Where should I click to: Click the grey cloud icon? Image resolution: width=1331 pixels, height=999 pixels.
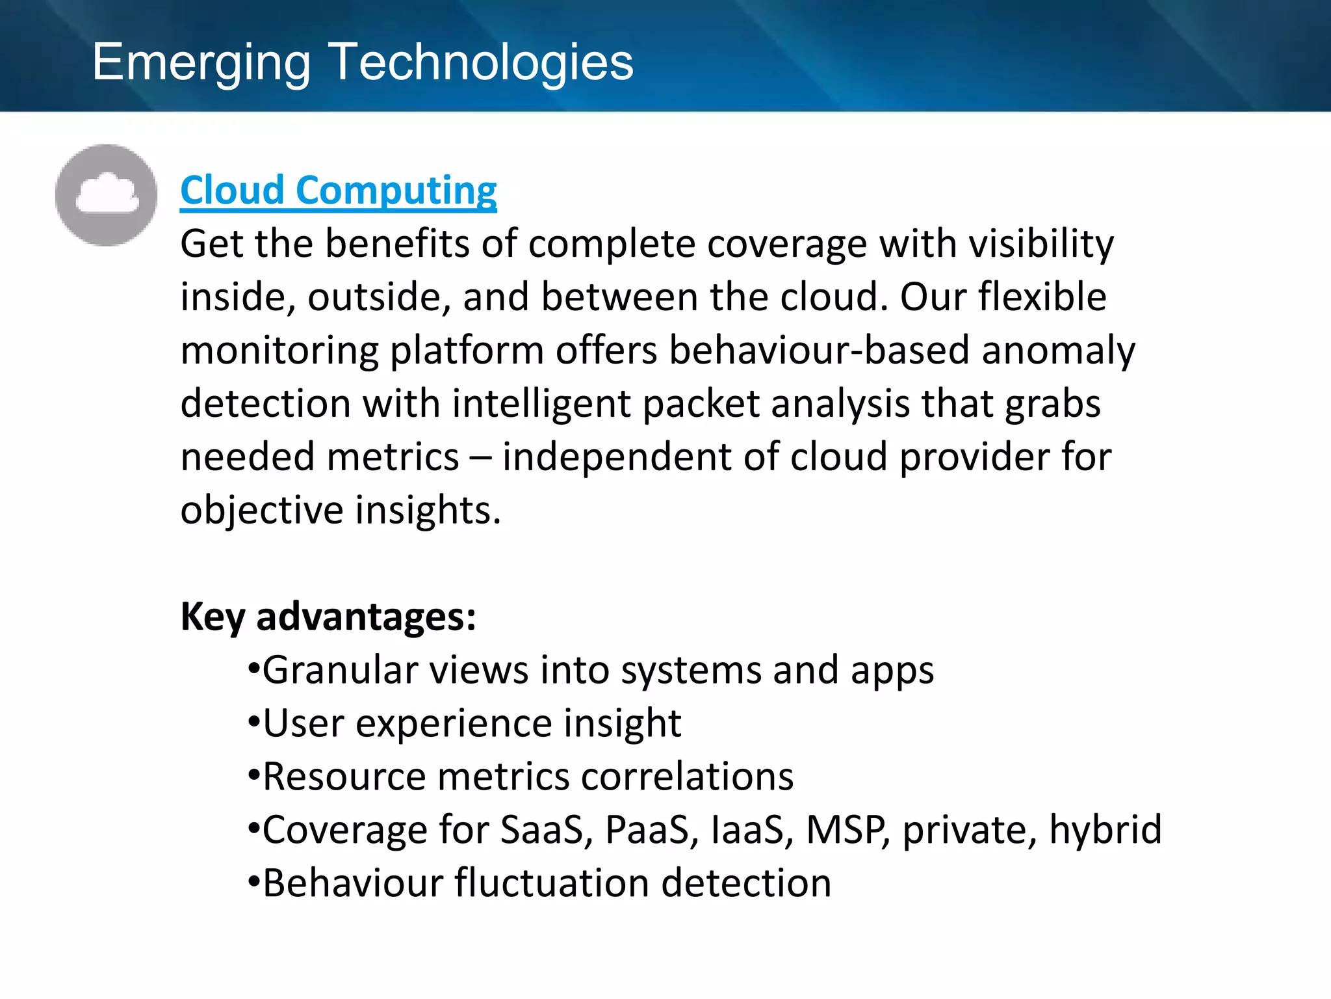(x=107, y=195)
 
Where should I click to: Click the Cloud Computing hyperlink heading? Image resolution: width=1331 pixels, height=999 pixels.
(x=338, y=191)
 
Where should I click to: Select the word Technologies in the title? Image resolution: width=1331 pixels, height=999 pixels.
(x=481, y=62)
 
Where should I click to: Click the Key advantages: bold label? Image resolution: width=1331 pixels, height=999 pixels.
(x=328, y=617)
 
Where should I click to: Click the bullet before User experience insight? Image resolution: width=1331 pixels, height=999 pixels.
(x=254, y=723)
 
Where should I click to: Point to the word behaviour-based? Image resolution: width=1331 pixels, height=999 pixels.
(x=819, y=351)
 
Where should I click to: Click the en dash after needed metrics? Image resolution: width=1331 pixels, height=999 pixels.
(x=480, y=458)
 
